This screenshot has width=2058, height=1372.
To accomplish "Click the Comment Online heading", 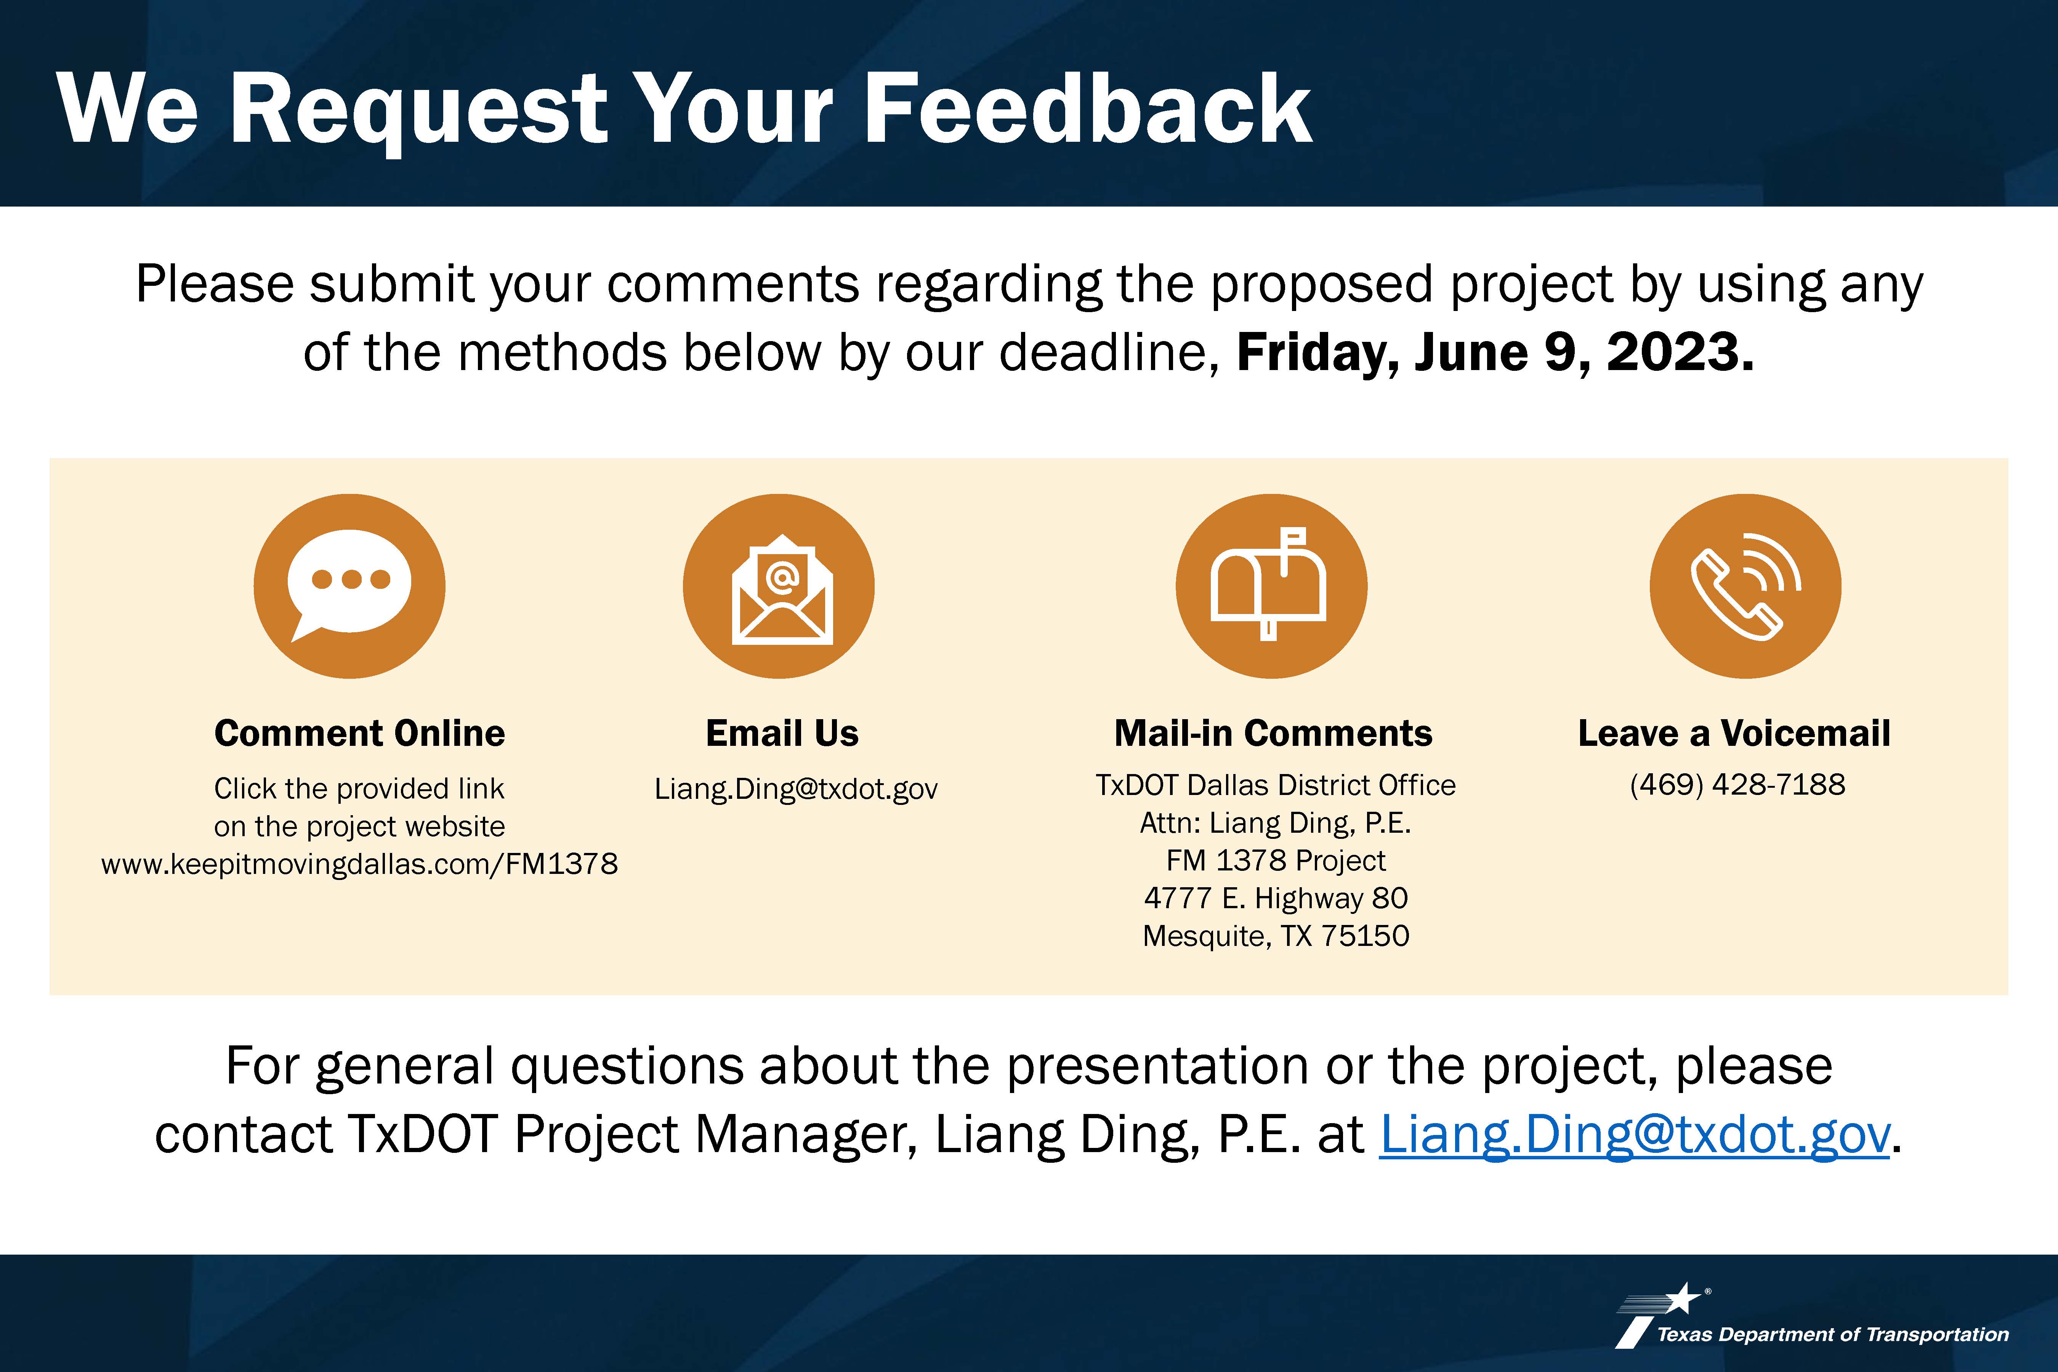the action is pyautogui.click(x=360, y=733).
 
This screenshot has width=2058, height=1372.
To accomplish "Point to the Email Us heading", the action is pyautogui.click(x=782, y=733).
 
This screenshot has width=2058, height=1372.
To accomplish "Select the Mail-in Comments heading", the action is pyautogui.click(x=1273, y=733).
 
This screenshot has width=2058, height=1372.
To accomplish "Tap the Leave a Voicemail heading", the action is pyautogui.click(x=1734, y=733).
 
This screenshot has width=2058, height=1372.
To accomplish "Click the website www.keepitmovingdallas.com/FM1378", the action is pyautogui.click(x=360, y=864).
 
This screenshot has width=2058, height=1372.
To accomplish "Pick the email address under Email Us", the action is pyautogui.click(x=796, y=789).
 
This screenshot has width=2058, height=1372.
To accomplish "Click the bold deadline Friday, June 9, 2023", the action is pyautogui.click(x=1495, y=353).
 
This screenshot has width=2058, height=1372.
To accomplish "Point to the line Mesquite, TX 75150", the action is pyautogui.click(x=1276, y=936).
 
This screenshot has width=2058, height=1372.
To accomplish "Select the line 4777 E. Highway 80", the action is pyautogui.click(x=1276, y=898).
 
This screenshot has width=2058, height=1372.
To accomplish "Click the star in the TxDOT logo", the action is pyautogui.click(x=1682, y=1298).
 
